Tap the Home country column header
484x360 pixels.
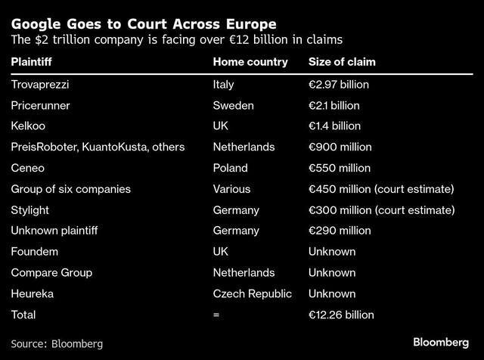click(250, 62)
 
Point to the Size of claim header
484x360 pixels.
click(343, 62)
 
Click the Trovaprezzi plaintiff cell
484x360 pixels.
click(43, 84)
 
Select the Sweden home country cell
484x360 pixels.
click(234, 105)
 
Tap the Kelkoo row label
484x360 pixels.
click(28, 126)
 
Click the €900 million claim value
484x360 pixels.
click(340, 147)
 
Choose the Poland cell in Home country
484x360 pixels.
click(231, 168)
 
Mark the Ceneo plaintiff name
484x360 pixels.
click(28, 168)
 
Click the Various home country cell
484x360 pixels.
click(231, 188)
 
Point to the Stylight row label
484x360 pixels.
click(31, 209)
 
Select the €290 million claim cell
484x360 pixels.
click(340, 231)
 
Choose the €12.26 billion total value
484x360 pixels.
click(342, 314)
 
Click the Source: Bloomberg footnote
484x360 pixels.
click(57, 343)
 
